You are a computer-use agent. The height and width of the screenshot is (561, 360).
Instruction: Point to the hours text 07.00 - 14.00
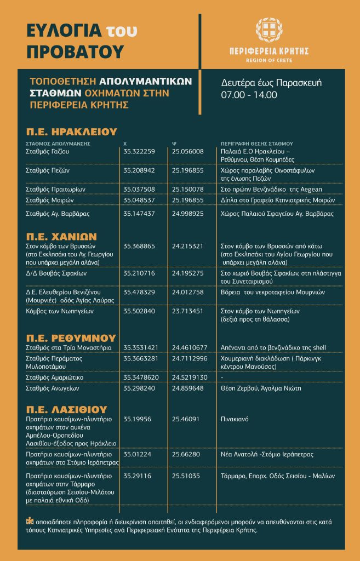pyautogui.click(x=249, y=94)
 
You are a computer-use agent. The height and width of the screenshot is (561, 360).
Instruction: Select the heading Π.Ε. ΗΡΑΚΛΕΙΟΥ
pyautogui.click(x=72, y=131)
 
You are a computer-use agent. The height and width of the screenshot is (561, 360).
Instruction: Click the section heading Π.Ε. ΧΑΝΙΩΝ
pyautogui.click(x=61, y=236)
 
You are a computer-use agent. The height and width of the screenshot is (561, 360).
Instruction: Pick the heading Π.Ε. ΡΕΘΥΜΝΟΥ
pyautogui.click(x=71, y=337)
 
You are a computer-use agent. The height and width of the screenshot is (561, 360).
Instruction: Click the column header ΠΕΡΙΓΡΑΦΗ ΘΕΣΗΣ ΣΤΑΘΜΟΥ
pyautogui.click(x=256, y=143)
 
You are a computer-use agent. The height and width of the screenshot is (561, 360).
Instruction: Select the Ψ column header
pyautogui.click(x=174, y=143)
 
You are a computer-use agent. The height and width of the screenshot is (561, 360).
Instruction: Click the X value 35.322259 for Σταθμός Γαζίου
pyautogui.click(x=139, y=151)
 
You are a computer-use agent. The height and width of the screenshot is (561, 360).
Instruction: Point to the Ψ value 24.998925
pyautogui.click(x=187, y=213)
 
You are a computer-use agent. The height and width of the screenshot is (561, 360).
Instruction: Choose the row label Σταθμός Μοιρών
pyautogui.click(x=50, y=200)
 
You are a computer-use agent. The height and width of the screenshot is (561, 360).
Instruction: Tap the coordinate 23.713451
pyautogui.click(x=187, y=310)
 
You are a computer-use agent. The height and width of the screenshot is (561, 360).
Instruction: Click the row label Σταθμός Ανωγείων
pyautogui.click(x=53, y=388)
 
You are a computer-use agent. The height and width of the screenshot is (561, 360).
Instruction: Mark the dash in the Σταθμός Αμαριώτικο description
pyautogui.click(x=221, y=378)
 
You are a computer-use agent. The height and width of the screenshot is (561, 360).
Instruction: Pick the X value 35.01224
pyautogui.click(x=137, y=454)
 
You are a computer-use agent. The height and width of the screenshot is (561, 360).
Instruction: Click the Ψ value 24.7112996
pyautogui.click(x=190, y=358)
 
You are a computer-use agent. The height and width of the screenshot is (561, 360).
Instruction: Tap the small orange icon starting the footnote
pyautogui.click(x=28, y=522)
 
